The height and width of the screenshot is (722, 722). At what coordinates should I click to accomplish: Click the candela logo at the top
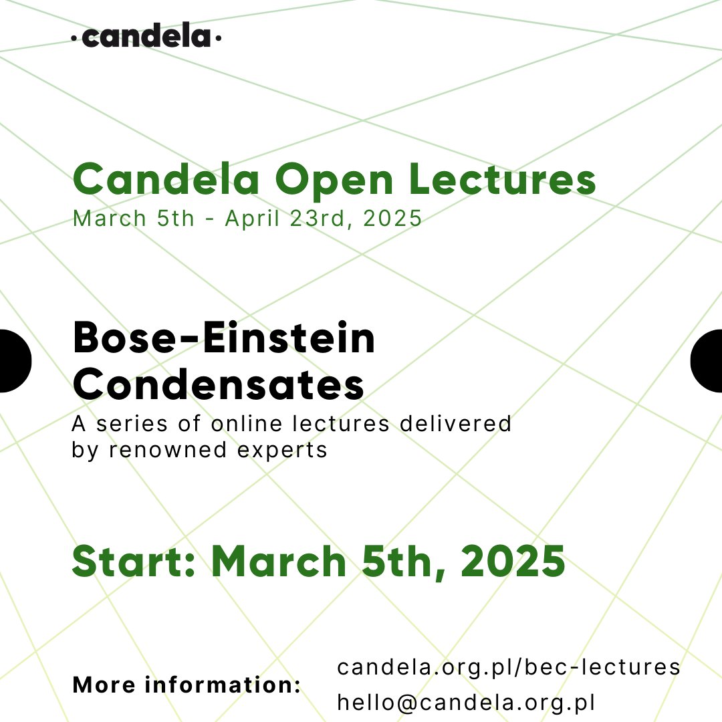(146, 37)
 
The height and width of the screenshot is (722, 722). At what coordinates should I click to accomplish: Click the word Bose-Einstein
(224, 339)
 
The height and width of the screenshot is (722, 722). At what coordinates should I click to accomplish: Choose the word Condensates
(218, 384)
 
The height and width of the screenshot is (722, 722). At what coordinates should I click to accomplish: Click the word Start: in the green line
(133, 562)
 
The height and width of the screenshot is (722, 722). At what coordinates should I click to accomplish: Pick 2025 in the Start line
(513, 562)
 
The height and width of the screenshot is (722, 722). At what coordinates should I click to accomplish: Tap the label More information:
(187, 685)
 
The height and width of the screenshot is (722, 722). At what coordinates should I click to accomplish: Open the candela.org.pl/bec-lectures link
(508, 667)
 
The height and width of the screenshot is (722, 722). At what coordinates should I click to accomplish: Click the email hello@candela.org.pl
(466, 703)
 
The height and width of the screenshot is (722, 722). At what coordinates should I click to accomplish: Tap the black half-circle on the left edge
(13, 360)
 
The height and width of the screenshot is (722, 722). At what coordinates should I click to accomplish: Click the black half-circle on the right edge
(707, 360)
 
